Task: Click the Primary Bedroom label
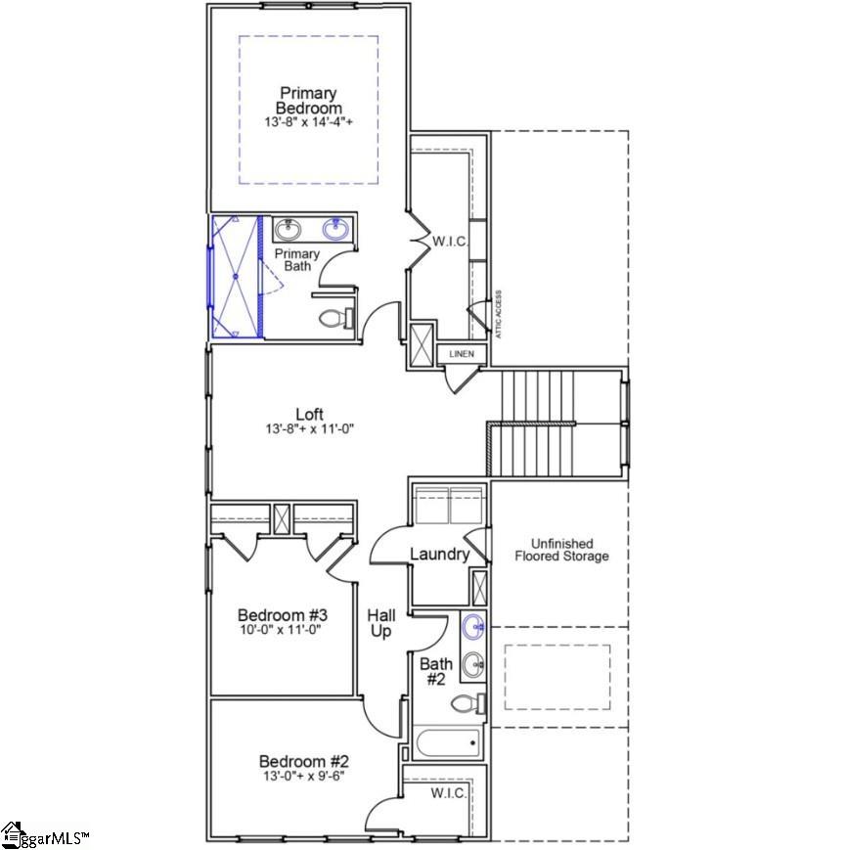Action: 308,100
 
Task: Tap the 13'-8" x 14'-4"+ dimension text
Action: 308,123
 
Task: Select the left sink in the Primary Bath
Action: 288,230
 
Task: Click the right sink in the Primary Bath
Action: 336,230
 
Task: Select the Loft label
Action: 309,414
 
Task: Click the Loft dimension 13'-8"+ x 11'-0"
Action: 309,429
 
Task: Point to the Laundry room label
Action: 439,555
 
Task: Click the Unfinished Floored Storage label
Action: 561,550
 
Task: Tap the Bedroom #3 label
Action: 283,615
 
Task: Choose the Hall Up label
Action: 381,624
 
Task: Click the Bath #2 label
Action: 435,671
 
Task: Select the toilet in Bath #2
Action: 471,702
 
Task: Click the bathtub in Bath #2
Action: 449,742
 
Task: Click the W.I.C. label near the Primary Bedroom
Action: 451,241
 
